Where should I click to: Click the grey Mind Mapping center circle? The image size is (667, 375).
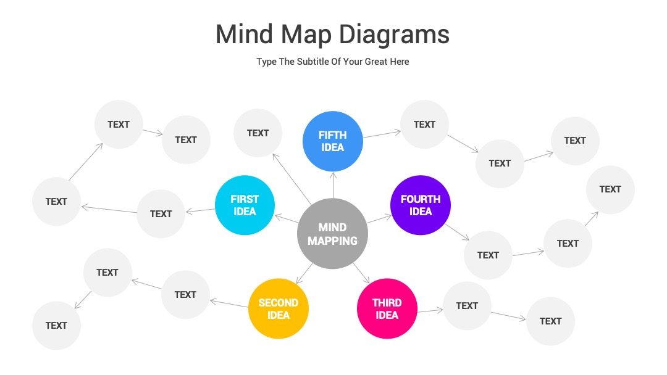coord(332,234)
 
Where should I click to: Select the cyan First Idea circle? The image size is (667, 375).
coord(245,205)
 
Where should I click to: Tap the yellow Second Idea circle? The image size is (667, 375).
coord(278,308)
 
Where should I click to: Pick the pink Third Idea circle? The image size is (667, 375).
coord(387,308)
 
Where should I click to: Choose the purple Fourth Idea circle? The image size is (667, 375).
coord(421,205)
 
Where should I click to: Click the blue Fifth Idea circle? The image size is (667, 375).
coord(333,141)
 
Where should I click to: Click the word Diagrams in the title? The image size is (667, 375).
coord(394,35)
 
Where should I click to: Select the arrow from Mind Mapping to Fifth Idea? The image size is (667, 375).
coord(333,185)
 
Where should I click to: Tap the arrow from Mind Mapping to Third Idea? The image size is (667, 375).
coord(361,273)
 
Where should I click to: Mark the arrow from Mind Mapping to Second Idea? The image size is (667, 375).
coord(304,273)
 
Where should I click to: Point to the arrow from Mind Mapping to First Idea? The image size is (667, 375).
coord(287,219)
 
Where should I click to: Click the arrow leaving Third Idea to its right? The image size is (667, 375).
coord(430,311)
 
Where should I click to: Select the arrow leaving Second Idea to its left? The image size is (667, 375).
coord(229,303)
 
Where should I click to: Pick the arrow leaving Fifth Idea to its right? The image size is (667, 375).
coord(382,134)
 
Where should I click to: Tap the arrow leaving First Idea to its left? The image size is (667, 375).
coord(200,210)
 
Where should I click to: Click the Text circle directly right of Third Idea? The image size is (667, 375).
coord(467,306)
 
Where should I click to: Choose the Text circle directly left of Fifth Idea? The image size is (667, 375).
coord(258,133)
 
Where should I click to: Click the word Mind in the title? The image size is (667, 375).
coord(244,35)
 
